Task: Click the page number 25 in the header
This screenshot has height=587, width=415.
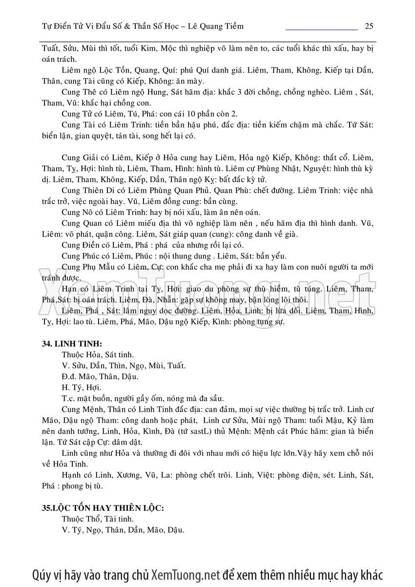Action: click(x=369, y=26)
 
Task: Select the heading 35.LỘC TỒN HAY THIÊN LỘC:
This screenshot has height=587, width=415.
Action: click(x=103, y=508)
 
